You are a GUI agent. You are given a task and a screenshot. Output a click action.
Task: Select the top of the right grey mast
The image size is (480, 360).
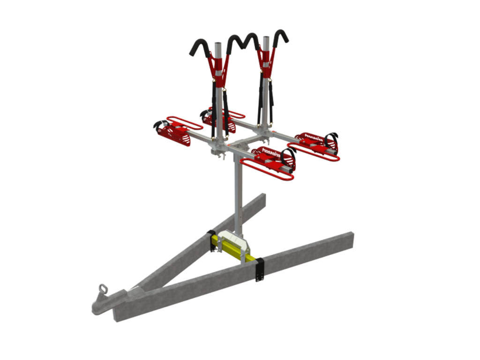[266, 38]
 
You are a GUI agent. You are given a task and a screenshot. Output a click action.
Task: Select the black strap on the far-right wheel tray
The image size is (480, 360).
[331, 140]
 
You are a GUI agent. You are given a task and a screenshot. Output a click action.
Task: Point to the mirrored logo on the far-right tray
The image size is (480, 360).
[313, 138]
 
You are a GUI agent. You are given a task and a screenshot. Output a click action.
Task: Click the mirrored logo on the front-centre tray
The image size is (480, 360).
[271, 153]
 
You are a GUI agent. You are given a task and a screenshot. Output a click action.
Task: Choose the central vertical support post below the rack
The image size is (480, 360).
[238, 197]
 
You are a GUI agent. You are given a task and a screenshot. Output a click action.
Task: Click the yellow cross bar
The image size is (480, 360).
[230, 246]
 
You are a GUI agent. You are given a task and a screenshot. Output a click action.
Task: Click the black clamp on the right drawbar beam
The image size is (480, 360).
[259, 270]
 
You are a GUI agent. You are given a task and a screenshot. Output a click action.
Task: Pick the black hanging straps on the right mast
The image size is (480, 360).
[261, 101]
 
